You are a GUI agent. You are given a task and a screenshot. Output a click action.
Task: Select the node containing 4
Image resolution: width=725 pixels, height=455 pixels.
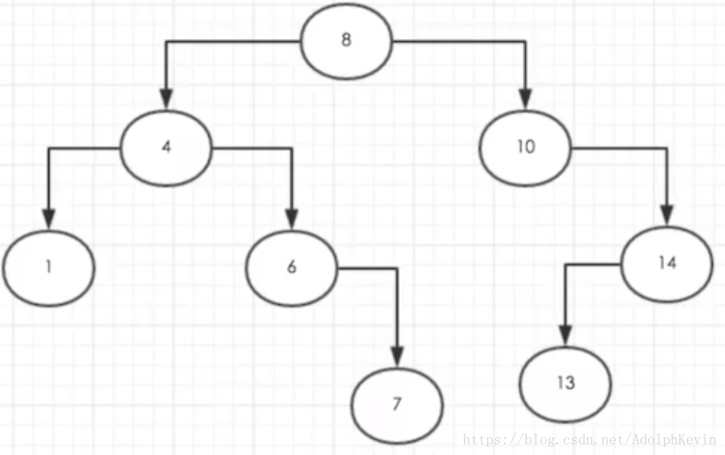tap(166, 147)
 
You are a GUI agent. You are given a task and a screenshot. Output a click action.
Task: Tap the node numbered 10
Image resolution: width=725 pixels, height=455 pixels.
tap(526, 147)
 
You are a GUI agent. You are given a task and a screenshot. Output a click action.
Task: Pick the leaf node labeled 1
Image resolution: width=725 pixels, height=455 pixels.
tap(48, 267)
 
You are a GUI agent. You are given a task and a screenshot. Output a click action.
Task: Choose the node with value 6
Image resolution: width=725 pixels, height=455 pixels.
tap(291, 267)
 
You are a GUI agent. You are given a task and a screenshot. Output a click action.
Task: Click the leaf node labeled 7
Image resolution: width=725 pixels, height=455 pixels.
tap(397, 404)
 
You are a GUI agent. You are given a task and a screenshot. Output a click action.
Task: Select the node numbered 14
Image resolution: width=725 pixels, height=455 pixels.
tap(667, 263)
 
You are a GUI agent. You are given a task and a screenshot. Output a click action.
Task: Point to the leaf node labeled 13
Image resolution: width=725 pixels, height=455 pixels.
tap(566, 383)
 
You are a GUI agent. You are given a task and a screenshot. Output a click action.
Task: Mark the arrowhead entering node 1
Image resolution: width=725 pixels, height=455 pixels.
tap(48, 221)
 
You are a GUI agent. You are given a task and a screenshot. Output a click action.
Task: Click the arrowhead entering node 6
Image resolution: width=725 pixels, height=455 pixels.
tap(291, 221)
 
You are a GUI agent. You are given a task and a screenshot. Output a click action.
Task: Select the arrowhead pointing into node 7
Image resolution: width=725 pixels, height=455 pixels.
tap(397, 358)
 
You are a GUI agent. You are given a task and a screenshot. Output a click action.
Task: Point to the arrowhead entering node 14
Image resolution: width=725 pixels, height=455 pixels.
tap(667, 217)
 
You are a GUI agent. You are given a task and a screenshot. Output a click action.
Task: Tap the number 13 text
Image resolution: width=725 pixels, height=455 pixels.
tap(566, 383)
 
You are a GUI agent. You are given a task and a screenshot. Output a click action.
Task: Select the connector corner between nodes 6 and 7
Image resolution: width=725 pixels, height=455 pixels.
tap(397, 268)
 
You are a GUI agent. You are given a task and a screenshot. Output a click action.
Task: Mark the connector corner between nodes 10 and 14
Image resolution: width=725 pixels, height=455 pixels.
tap(667, 148)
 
